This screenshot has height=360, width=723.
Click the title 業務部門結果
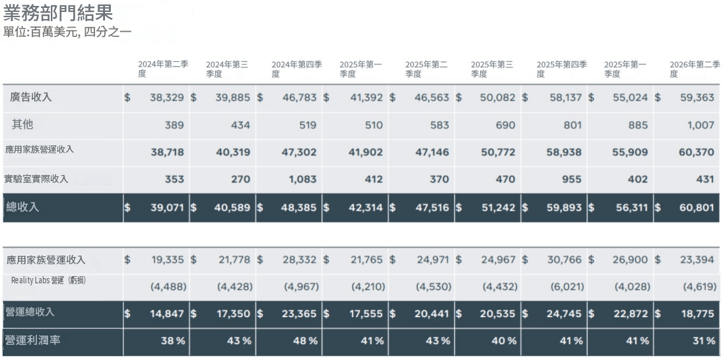(x=58, y=13)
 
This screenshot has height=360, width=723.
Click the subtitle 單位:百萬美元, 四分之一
(x=67, y=33)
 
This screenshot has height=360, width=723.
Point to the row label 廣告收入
(x=30, y=97)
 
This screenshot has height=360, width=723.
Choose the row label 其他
(x=22, y=125)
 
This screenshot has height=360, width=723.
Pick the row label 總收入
(x=22, y=207)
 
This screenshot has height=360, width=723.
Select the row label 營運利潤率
(x=32, y=341)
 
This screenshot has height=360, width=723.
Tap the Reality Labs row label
(x=48, y=280)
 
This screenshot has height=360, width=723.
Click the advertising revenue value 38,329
(x=167, y=98)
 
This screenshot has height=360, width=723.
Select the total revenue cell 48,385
(x=299, y=207)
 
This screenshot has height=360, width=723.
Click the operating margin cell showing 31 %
(x=704, y=341)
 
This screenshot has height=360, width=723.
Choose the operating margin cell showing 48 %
(x=305, y=341)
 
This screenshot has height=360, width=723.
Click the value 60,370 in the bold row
(x=697, y=153)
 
